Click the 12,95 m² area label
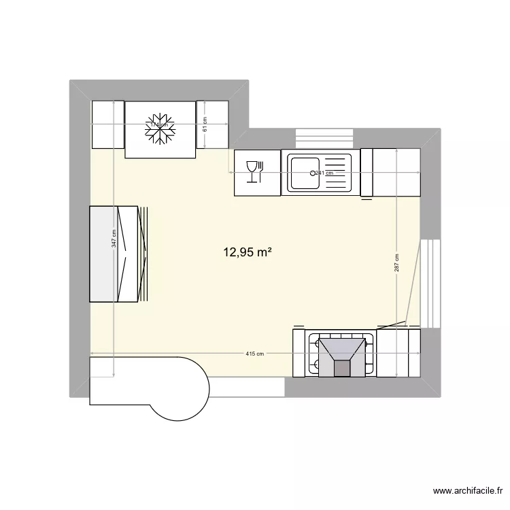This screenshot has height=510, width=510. (x=248, y=252)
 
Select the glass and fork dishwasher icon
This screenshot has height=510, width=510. (x=254, y=171)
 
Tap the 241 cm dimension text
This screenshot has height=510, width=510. (x=324, y=173)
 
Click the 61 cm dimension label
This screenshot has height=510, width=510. (x=205, y=124)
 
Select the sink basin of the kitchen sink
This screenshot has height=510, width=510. (x=305, y=172)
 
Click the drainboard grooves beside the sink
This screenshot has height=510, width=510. (x=336, y=172)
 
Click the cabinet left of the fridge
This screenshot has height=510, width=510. (x=107, y=124)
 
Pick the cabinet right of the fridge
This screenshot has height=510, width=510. (x=212, y=124)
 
